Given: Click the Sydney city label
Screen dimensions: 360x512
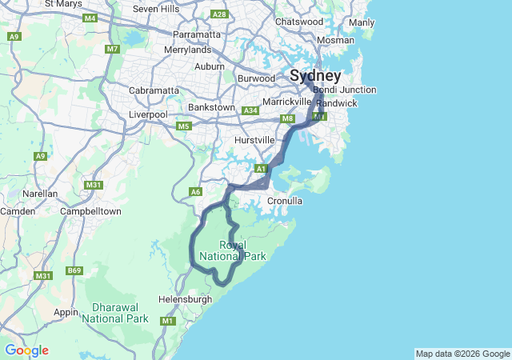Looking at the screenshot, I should [315, 76].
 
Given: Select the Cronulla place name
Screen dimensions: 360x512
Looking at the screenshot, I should [285, 201].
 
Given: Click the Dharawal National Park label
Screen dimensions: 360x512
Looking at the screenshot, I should [120, 312].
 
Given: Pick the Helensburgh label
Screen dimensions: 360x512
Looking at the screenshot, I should [186, 299].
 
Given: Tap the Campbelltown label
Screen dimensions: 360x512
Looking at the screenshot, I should [90, 211].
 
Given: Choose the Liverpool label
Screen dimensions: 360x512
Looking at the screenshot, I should [148, 114].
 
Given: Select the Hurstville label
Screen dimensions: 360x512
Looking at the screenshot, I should [255, 140].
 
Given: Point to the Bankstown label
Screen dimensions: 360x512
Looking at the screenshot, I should [211, 107].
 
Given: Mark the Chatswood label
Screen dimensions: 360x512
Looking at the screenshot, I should [298, 22].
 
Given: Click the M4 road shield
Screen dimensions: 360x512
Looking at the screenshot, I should [90, 18].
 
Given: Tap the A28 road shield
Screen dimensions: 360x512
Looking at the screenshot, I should [219, 14].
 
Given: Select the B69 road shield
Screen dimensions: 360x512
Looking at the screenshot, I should [74, 270].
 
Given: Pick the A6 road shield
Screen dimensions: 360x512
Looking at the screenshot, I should [195, 191].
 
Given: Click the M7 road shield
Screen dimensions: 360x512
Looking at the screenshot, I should [112, 50].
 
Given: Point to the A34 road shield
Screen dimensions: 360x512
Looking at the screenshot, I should [250, 110].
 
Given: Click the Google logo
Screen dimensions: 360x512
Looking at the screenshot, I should [26, 350].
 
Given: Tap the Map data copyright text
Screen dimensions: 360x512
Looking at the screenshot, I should [462, 354].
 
